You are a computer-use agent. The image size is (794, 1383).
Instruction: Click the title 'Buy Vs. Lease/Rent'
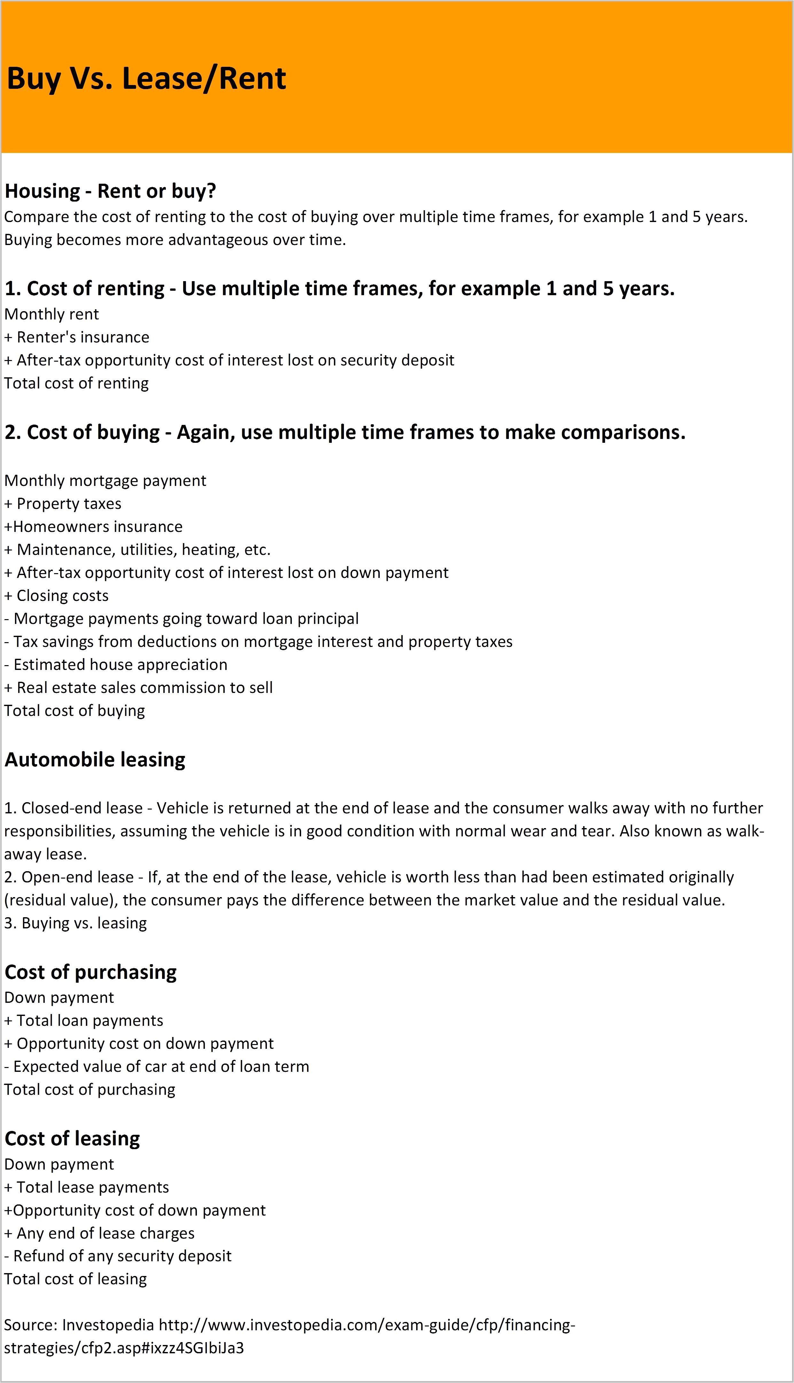(146, 79)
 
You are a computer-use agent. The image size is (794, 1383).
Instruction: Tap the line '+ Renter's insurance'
(77, 337)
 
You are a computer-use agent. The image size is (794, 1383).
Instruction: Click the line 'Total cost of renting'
(76, 383)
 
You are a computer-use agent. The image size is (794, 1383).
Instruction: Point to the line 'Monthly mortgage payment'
(105, 480)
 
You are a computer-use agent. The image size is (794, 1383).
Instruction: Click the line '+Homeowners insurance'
(93, 526)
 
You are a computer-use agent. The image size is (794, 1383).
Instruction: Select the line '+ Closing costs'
(57, 595)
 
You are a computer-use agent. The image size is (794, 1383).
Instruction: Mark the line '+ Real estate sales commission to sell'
(138, 688)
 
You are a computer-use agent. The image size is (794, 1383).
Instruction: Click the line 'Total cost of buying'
(75, 711)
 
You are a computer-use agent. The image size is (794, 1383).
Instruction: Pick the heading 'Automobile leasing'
(95, 760)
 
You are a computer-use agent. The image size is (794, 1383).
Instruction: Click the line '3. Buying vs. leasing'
(76, 923)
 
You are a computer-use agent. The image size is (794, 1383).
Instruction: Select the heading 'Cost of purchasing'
(90, 972)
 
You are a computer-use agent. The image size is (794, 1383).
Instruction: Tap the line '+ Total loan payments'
(84, 1021)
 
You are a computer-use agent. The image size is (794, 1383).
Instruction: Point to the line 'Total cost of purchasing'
(90, 1089)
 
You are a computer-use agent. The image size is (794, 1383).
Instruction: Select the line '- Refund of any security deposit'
(118, 1256)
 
